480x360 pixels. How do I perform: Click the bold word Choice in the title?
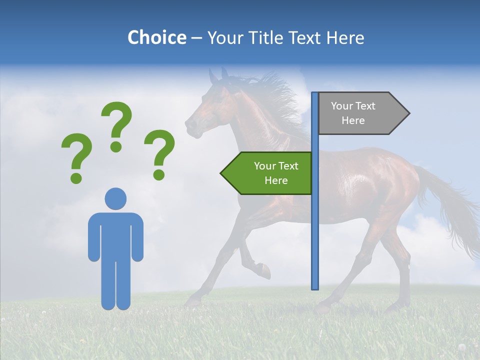click(x=156, y=37)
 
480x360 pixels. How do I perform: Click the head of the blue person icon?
click(x=115, y=198)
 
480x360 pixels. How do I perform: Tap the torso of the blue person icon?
click(x=115, y=235)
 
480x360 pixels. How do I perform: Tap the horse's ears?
click(x=218, y=76)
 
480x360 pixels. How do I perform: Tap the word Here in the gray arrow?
click(x=353, y=120)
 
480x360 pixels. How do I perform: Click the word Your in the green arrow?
click(x=265, y=166)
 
